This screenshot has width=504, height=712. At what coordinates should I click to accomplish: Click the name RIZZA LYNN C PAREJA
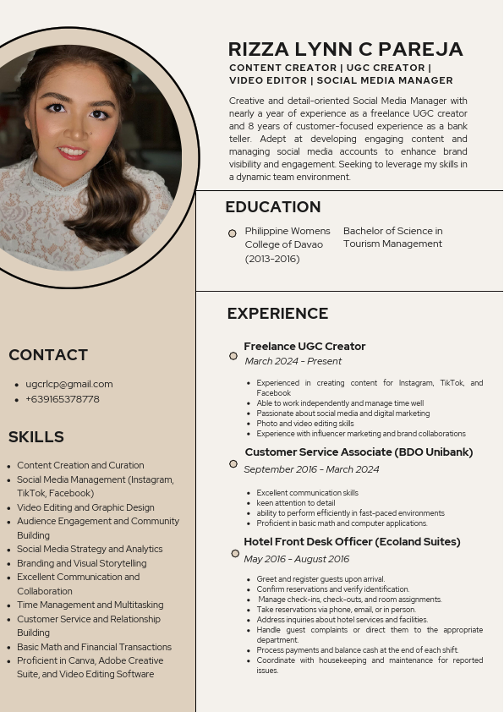pos(345,49)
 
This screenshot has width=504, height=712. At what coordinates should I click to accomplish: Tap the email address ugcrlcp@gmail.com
pos(69,384)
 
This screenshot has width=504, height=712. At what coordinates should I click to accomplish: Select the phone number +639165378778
pos(63,399)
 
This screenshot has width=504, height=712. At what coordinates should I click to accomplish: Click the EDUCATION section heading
pos(273,207)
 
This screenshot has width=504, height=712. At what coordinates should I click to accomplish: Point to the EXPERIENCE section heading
pos(277,314)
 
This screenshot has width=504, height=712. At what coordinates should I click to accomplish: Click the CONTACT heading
pos(48,355)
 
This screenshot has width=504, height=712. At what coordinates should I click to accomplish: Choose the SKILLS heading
pos(36,437)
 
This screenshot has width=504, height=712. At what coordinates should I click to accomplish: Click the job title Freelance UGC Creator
pos(304,346)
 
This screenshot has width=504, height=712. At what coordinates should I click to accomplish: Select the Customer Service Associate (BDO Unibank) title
pos(359,452)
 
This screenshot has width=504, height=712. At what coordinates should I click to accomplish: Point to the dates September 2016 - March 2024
pos(311,469)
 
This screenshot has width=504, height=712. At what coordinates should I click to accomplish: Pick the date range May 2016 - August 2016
pos(297,559)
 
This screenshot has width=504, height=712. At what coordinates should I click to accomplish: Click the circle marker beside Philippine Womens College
pos(233,233)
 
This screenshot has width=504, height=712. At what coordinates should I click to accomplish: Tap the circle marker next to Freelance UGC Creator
pos(233,356)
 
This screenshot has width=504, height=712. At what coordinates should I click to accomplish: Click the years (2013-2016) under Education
pos(272,259)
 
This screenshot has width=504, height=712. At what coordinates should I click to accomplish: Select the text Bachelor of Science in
pos(392,231)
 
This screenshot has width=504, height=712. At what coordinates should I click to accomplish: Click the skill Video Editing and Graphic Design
pos(85,507)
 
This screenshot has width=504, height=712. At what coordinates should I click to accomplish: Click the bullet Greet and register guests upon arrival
pos(320,579)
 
